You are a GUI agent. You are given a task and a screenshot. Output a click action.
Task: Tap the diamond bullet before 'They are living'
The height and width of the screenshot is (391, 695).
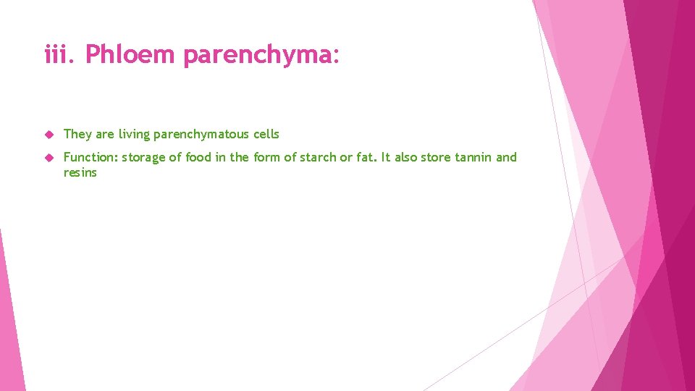tap(49, 135)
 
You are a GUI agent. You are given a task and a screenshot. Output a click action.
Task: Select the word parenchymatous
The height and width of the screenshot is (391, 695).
tap(201, 135)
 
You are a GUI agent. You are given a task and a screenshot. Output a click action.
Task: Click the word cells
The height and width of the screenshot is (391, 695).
tap(266, 134)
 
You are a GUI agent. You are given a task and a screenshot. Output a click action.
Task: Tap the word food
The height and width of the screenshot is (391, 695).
tap(198, 157)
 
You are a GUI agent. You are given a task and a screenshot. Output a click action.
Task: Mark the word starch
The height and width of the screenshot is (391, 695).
tap(319, 157)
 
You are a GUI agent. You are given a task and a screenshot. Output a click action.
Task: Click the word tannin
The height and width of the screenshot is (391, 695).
tap(473, 157)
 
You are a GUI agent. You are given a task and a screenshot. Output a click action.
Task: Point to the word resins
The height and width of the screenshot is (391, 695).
tap(80, 173)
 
